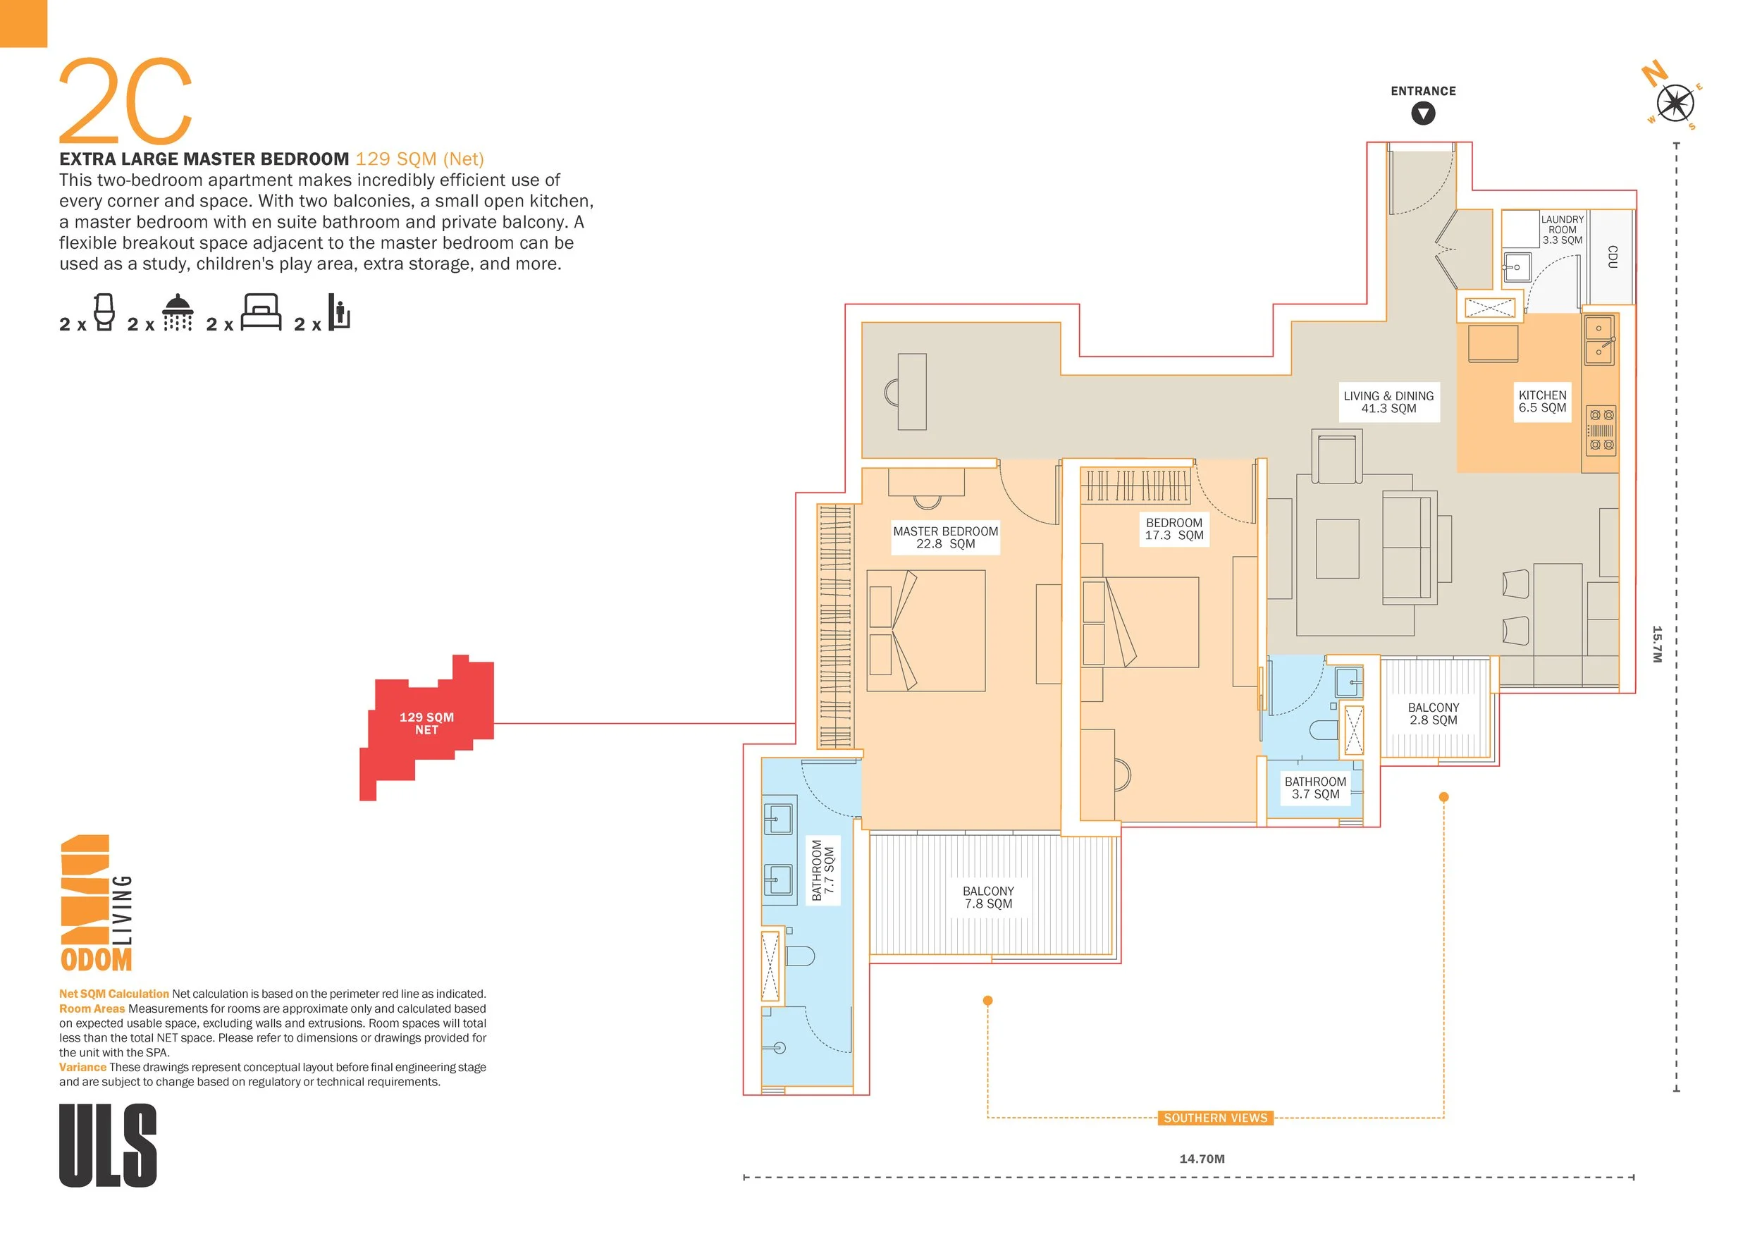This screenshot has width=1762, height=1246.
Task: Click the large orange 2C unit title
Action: coord(125,102)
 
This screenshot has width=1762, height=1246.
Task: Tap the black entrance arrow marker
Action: coord(1423,114)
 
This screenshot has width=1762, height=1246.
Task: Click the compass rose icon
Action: coord(1675,104)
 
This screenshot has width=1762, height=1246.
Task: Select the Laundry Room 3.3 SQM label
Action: coord(1562,230)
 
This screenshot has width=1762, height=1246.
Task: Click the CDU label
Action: coord(1612,257)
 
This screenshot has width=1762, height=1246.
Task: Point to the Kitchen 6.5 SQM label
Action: coord(1543,401)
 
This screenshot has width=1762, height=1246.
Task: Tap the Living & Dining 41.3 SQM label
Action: coord(1388,402)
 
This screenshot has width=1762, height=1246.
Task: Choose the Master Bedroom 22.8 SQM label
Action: coord(945,537)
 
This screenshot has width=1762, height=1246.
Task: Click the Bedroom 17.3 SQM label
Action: coord(1173,529)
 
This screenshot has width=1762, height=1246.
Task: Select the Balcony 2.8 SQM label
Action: coord(1433,713)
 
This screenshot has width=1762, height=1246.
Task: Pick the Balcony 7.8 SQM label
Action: coord(988,897)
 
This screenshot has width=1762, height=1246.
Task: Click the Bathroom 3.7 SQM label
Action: coord(1315,788)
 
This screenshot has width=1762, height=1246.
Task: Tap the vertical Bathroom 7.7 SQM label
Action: coord(823,870)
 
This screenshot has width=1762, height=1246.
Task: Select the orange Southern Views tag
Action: coord(1215,1118)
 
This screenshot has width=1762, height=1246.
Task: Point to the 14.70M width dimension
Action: coord(1202,1159)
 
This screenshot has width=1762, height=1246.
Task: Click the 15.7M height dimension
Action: coord(1656,644)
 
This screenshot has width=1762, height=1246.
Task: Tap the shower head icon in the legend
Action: coord(178,313)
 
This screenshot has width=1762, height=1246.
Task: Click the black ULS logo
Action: coord(109,1145)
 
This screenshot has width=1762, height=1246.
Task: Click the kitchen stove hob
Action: coord(1601,430)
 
